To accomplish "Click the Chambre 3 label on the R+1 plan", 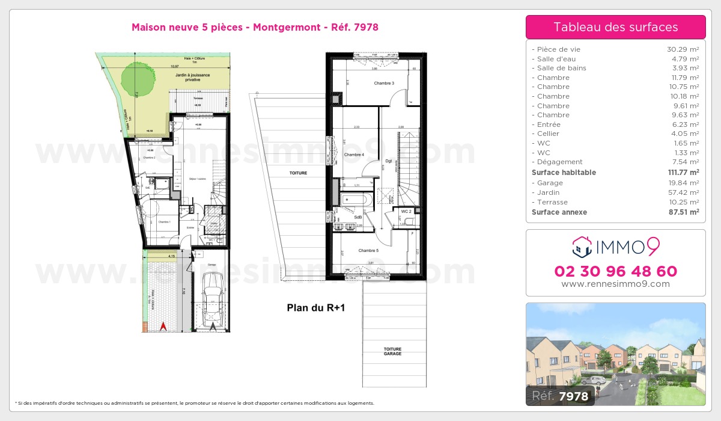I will click(x=384, y=83).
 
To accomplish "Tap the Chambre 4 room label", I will click(x=354, y=155).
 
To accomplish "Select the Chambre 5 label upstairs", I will click(x=368, y=250).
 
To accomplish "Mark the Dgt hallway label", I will click(x=389, y=161).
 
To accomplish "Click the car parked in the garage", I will click(x=213, y=300).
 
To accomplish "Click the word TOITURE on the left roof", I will click(x=298, y=173).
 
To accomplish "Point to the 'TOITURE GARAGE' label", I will click(x=393, y=351).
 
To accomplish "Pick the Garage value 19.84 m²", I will click(x=684, y=183).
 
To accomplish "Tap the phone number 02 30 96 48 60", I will click(x=615, y=271).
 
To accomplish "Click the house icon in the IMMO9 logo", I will click(x=582, y=246).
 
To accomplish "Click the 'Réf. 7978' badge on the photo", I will click(x=561, y=395).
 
